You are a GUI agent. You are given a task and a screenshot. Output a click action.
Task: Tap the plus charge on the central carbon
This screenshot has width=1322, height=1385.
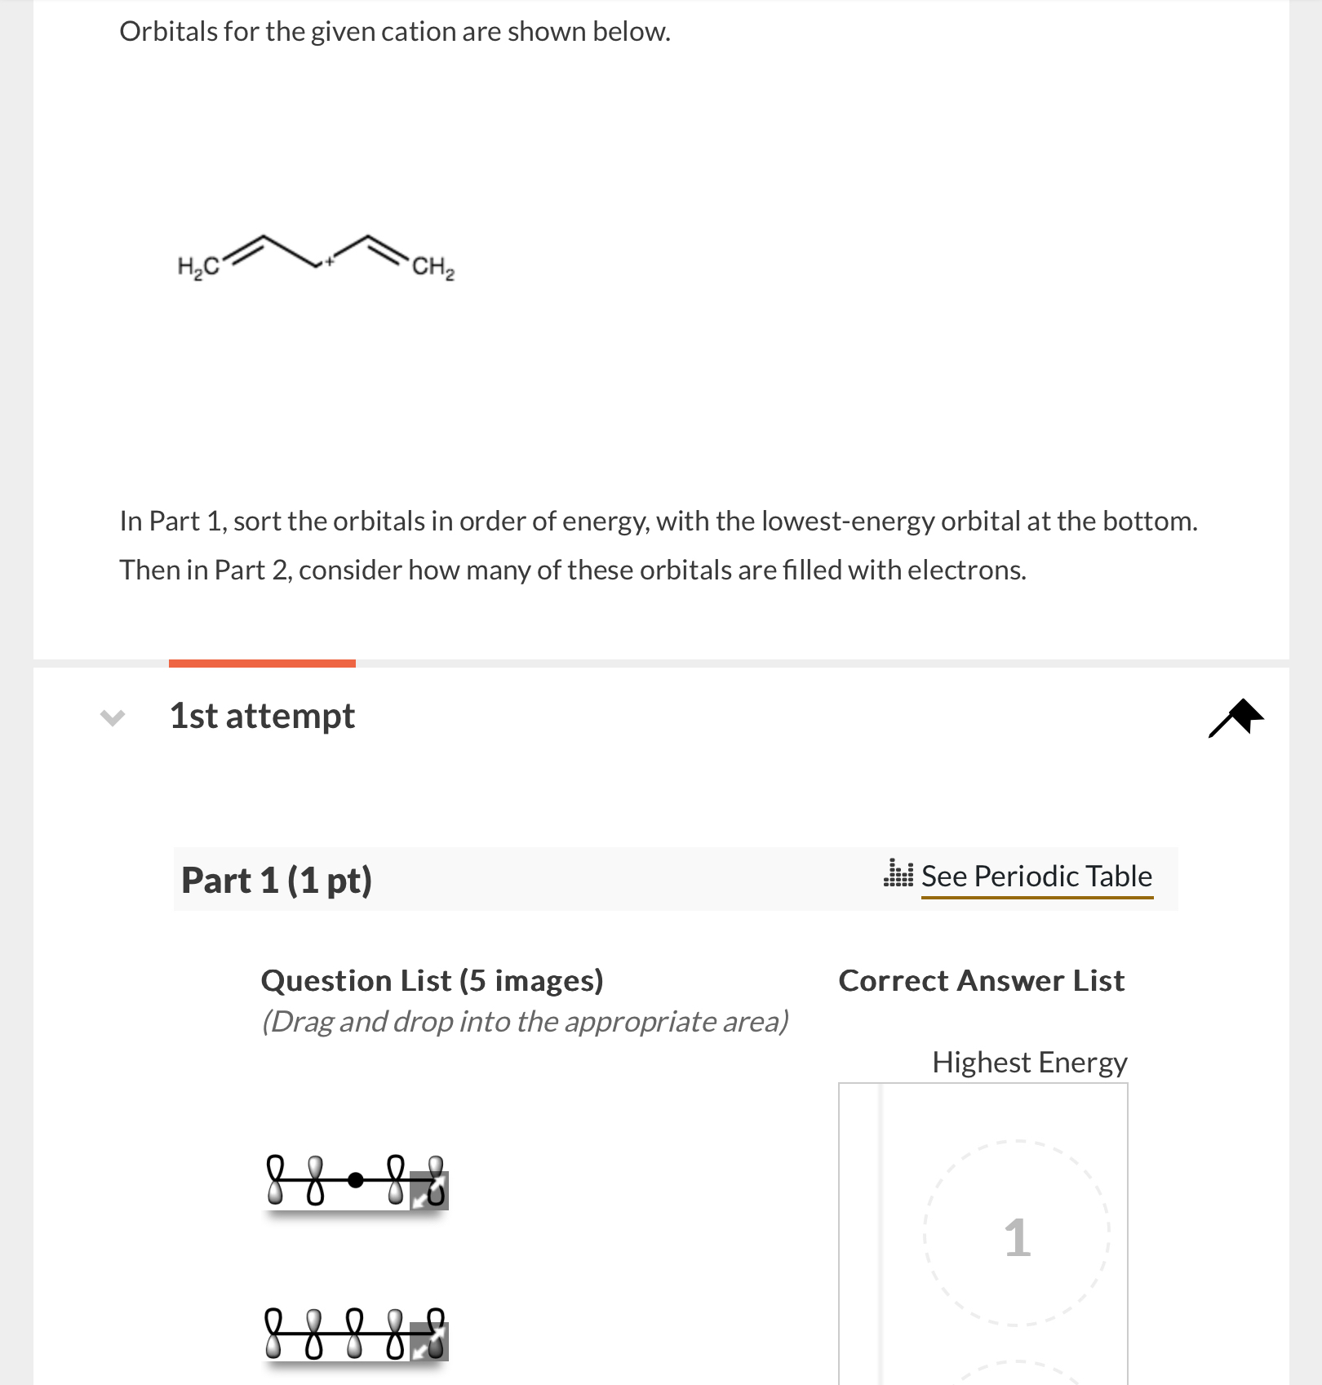coord(329,261)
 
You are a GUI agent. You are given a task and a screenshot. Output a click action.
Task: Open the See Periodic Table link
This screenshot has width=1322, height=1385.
coord(1036,876)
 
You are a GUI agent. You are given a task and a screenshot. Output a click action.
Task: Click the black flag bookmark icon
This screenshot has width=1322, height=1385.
coord(1237,717)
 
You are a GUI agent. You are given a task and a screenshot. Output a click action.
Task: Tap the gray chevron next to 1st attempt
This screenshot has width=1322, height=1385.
coord(113,717)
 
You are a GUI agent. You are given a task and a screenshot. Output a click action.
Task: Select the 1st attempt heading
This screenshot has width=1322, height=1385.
coord(262,716)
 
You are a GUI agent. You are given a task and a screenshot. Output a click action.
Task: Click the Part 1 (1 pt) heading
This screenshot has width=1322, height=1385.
coord(277,881)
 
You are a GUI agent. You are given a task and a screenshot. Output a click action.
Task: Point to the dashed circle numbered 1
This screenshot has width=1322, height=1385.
coord(1017,1233)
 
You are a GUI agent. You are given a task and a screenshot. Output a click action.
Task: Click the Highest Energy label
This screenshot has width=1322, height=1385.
coord(1029,1062)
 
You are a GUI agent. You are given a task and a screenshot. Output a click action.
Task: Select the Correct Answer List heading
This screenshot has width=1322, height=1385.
coord(982,980)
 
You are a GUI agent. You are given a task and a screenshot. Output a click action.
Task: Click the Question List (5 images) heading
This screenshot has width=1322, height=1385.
coord(432,980)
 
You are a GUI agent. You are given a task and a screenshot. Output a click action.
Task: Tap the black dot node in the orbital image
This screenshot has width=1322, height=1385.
coord(355,1179)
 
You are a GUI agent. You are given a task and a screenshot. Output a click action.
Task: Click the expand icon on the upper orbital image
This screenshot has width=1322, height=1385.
coord(428,1191)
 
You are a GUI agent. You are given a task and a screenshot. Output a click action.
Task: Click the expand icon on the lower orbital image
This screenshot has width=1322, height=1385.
coord(428,1343)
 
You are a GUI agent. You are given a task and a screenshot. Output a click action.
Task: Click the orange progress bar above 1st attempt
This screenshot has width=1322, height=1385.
coord(262,664)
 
